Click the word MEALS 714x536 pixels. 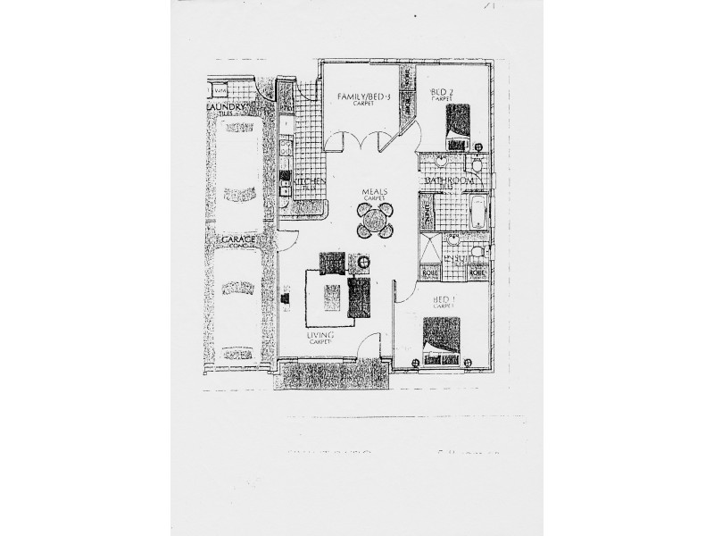(373, 192)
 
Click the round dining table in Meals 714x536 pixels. (375, 220)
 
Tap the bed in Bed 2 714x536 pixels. (457, 121)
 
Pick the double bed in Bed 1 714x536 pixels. (442, 339)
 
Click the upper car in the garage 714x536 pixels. (237, 170)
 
